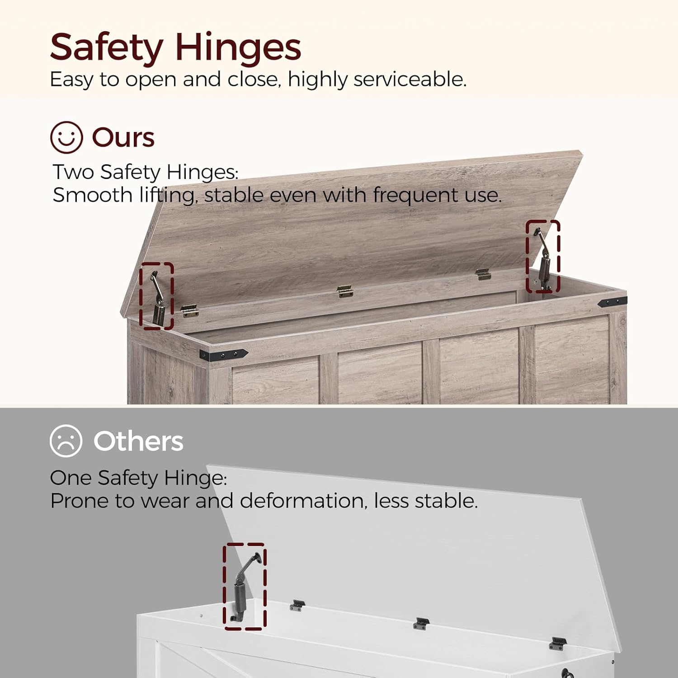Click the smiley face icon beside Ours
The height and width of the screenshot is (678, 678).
click(66, 137)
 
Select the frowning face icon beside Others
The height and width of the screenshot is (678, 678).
click(66, 441)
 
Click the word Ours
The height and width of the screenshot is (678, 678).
click(123, 137)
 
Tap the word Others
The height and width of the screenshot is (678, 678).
click(138, 441)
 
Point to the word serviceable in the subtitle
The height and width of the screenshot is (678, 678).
click(410, 80)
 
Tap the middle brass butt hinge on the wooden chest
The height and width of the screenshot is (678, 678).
click(345, 292)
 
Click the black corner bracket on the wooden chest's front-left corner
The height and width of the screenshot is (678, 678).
click(223, 354)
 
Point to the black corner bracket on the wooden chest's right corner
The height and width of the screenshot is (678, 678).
click(612, 302)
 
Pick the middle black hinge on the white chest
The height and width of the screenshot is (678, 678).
click(421, 623)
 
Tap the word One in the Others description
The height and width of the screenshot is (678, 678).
click(71, 478)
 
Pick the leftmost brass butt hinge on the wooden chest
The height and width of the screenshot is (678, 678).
click(189, 311)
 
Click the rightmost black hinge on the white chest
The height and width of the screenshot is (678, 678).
click(558, 643)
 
